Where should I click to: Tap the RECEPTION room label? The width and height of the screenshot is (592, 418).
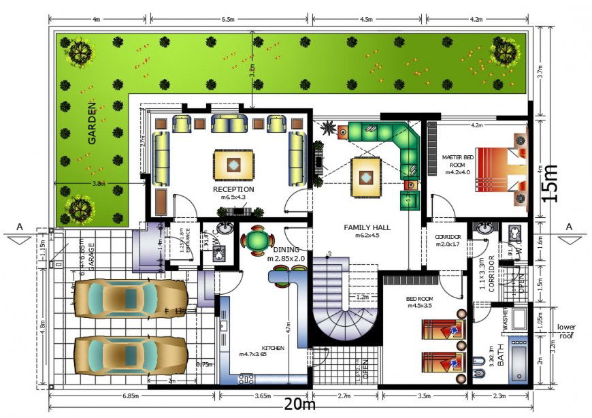tap(233, 189)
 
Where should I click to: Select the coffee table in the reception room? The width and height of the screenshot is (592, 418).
tap(233, 164)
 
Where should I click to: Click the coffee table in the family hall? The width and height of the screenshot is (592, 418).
tap(366, 176)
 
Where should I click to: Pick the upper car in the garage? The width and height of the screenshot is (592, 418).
tap(129, 300)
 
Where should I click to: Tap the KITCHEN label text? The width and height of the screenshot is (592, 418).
tap(272, 347)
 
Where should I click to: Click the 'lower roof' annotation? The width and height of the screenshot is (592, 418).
tap(566, 331)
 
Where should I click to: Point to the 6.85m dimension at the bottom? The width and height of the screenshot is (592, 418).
tap(130, 395)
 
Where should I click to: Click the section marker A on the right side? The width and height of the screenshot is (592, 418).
tap(568, 227)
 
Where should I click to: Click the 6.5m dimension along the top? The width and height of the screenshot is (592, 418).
tap(227, 20)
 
